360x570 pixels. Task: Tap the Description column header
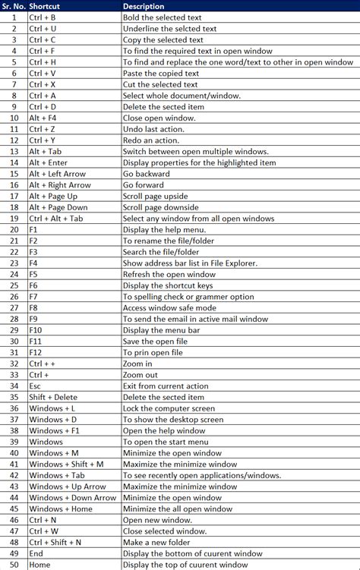point(144,6)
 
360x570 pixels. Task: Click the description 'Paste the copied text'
point(160,73)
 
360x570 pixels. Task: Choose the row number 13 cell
point(14,151)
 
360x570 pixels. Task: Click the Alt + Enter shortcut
point(49,162)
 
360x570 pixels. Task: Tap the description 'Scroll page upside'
point(156,196)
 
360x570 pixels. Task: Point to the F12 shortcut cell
point(35,353)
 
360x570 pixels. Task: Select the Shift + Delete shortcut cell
point(53,398)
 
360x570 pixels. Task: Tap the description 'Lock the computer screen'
point(169,409)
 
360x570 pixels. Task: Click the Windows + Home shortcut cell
point(61,509)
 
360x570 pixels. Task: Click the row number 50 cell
point(14,565)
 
